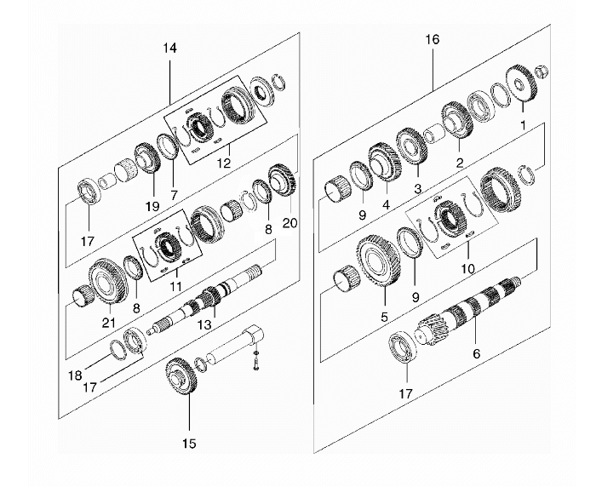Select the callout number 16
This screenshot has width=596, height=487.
tap(432, 40)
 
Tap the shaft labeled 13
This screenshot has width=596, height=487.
tap(213, 304)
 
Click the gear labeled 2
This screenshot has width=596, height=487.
tap(457, 120)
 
